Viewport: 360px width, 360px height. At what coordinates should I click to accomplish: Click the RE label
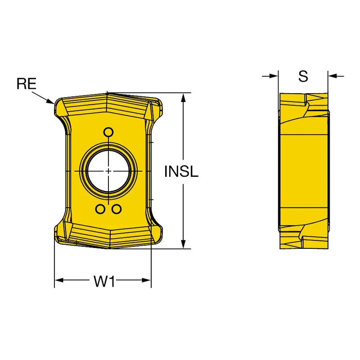point(27,84)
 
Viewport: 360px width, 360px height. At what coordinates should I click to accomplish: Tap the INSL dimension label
point(181,171)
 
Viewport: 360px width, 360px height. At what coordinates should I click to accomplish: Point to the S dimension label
point(303,76)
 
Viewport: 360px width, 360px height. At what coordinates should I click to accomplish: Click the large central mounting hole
point(108,171)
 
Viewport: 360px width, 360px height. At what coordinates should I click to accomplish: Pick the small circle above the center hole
point(108,132)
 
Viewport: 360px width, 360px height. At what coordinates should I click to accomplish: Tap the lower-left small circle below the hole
point(100,209)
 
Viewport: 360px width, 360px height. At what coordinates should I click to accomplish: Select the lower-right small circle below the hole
point(117,209)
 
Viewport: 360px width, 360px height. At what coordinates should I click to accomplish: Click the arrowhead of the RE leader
point(51,102)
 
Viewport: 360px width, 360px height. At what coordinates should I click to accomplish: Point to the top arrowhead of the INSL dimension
point(183,98)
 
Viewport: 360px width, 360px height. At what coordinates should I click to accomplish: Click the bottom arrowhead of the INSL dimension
point(183,244)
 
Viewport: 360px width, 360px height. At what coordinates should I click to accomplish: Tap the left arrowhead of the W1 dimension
point(59,280)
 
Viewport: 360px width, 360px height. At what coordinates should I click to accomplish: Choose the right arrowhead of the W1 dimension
point(147,280)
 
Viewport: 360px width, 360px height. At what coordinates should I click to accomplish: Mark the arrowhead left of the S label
point(274,76)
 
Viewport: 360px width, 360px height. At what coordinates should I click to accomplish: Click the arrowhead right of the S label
point(333,76)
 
